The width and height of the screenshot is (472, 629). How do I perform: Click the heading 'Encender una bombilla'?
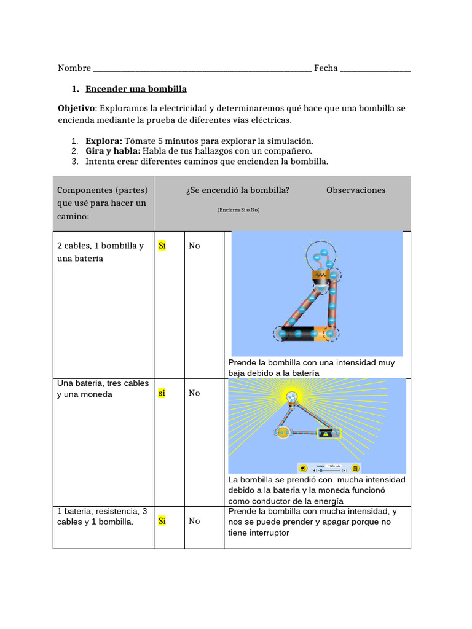point(136,89)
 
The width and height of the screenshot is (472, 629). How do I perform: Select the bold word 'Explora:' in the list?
point(104,141)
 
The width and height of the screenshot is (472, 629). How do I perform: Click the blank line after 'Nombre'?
point(202,68)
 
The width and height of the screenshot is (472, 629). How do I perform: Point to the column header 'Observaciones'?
point(356,190)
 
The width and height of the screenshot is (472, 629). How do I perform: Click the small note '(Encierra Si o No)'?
point(238,210)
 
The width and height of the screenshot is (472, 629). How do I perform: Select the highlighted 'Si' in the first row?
point(162,246)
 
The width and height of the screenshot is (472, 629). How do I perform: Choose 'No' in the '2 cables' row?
point(194,246)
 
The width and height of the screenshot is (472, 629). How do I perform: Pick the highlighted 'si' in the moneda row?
point(162,393)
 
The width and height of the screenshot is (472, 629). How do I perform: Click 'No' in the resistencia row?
point(194,522)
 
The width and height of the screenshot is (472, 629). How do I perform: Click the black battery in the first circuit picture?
point(298,334)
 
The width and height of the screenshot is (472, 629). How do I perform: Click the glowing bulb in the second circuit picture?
point(293,397)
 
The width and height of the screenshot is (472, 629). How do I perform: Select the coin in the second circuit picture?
point(283,433)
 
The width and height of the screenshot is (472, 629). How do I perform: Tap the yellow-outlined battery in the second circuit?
point(328,434)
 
